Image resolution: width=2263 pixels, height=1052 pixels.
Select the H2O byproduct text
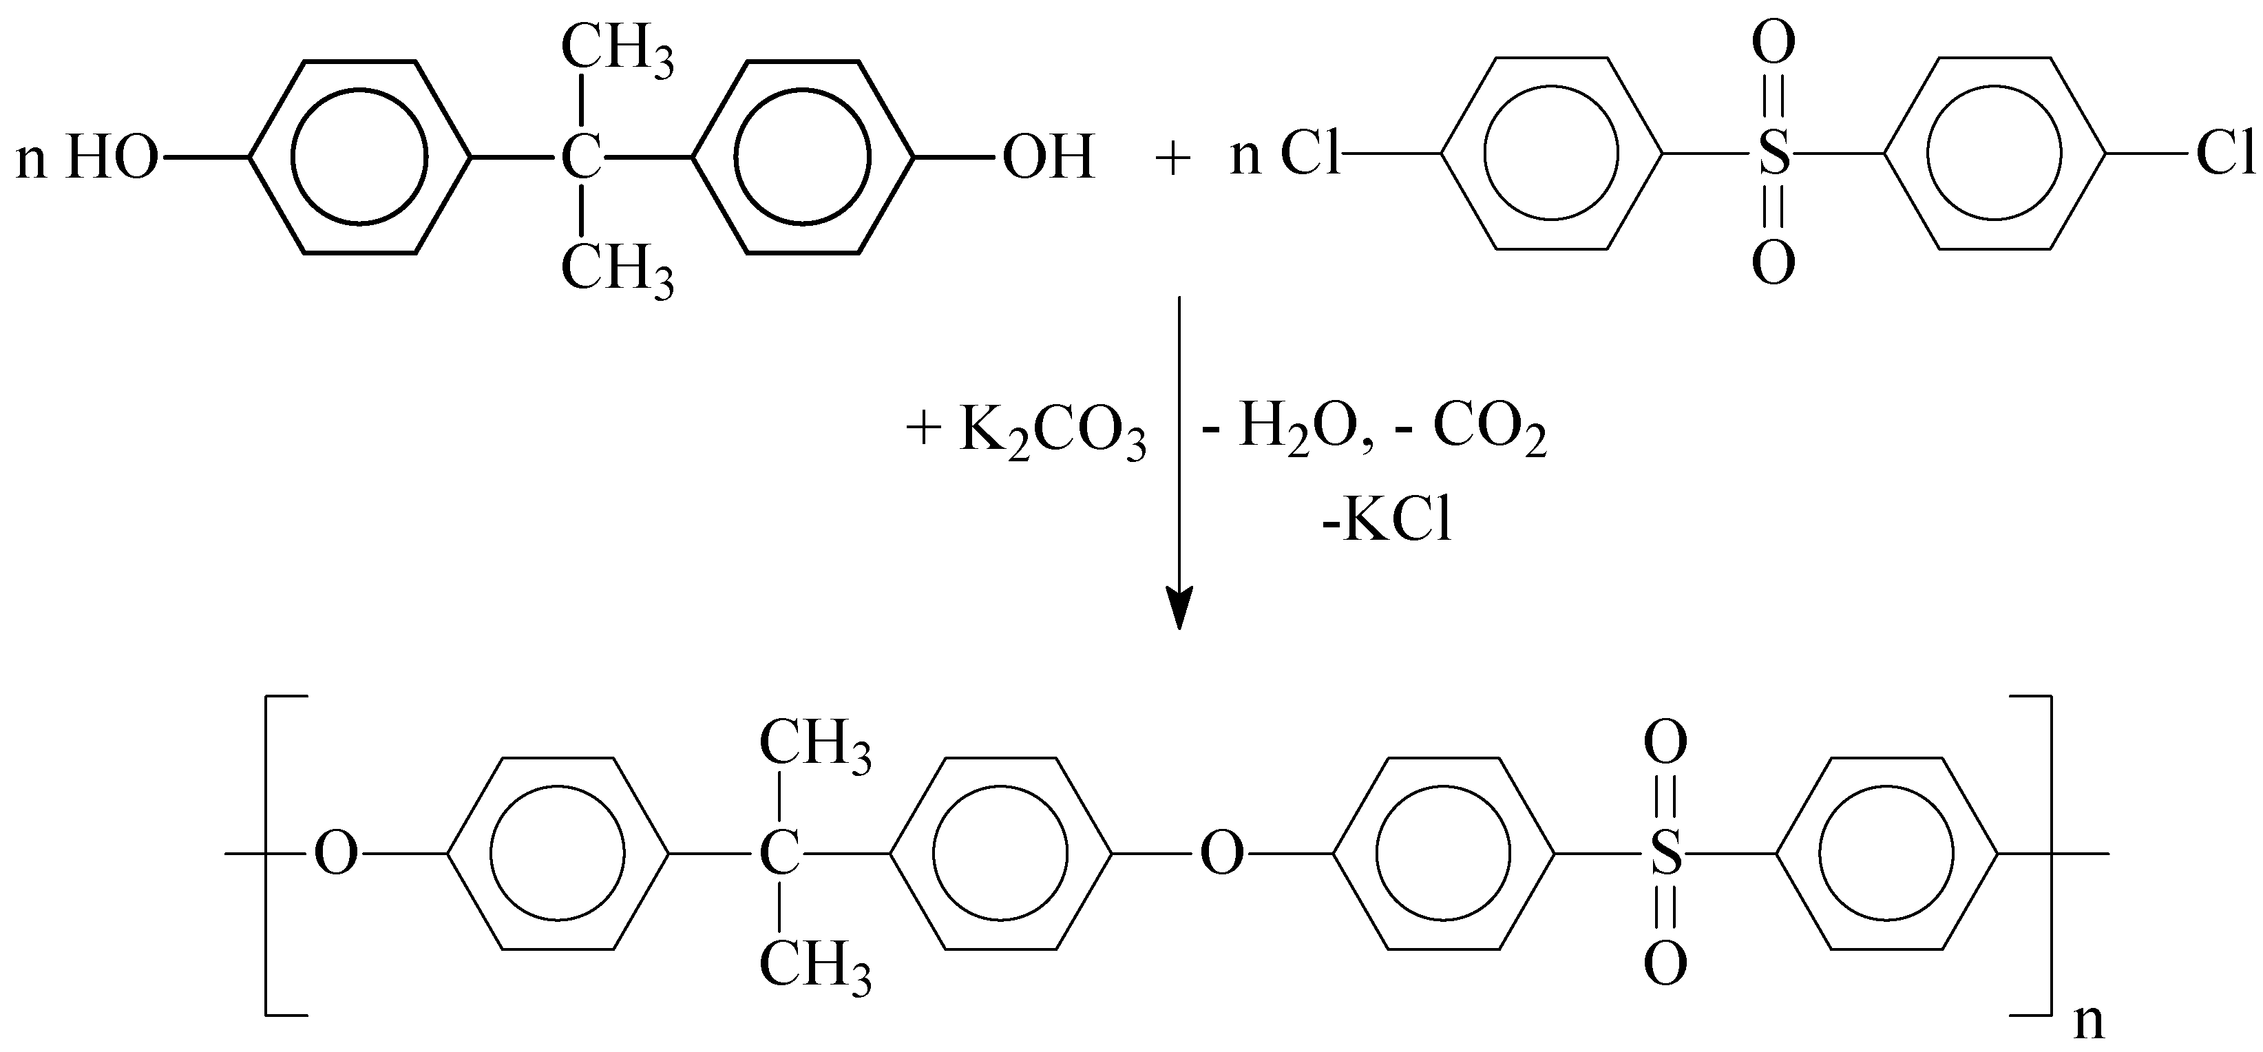(1295, 432)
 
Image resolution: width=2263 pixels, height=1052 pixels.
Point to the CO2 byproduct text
(1489, 432)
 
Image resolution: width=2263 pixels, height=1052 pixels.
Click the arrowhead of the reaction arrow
(1178, 607)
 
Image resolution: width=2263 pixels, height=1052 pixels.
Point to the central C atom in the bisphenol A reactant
(582, 159)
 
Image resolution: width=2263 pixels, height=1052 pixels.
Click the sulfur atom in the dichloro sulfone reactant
(1773, 157)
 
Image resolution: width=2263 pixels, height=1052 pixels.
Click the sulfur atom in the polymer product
(1665, 854)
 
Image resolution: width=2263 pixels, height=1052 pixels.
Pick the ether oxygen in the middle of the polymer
(1222, 854)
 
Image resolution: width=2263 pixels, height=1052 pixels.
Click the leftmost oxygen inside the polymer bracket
(337, 854)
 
